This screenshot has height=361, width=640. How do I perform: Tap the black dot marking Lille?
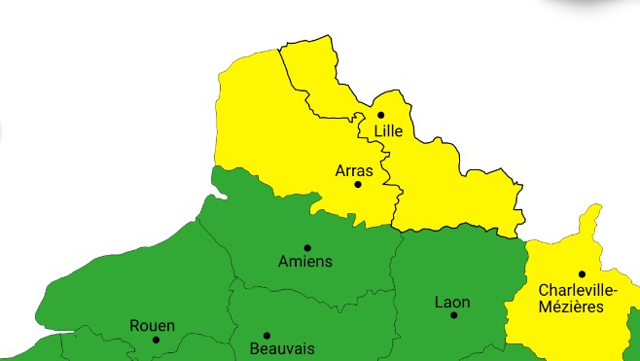381,115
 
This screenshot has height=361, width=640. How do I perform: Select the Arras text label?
354,170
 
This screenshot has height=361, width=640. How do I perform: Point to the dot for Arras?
358,184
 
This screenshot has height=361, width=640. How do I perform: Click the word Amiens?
305,261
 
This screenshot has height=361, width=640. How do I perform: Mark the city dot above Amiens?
307,247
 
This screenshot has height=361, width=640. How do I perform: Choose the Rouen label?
153,325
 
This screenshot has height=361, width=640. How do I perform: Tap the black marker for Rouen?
156,340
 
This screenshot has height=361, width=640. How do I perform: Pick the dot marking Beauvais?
267,335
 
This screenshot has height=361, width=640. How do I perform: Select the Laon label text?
452,302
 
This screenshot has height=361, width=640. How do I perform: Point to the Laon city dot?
453,315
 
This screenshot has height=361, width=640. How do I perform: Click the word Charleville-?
577,290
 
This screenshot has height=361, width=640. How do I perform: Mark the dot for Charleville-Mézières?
582,273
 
